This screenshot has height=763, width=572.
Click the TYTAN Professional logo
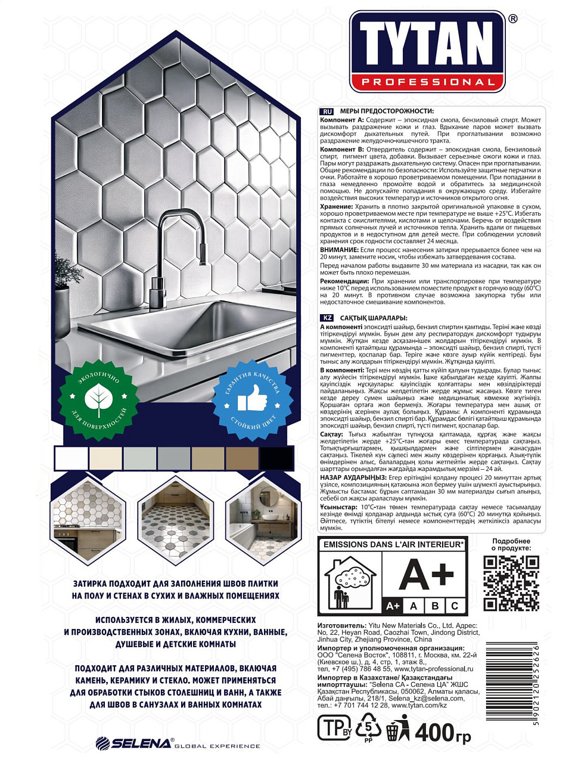pyautogui.click(x=427, y=52)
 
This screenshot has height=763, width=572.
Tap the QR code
pyautogui.click(x=511, y=582)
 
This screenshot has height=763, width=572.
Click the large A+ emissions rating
pyautogui.click(x=426, y=575)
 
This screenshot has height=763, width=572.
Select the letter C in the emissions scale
pyautogui.click(x=455, y=606)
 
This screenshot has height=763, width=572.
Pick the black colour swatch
pyautogui.click(x=276, y=458)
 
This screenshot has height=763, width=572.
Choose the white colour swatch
pyautogui.click(x=71, y=458)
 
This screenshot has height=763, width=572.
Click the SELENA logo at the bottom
pyautogui.click(x=134, y=743)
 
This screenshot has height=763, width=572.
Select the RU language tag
pyautogui.click(x=327, y=111)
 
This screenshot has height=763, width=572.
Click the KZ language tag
pyautogui.click(x=327, y=318)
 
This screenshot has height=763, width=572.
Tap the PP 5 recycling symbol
pyautogui.click(x=368, y=728)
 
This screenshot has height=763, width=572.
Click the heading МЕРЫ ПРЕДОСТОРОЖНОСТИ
pyautogui.click(x=387, y=111)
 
